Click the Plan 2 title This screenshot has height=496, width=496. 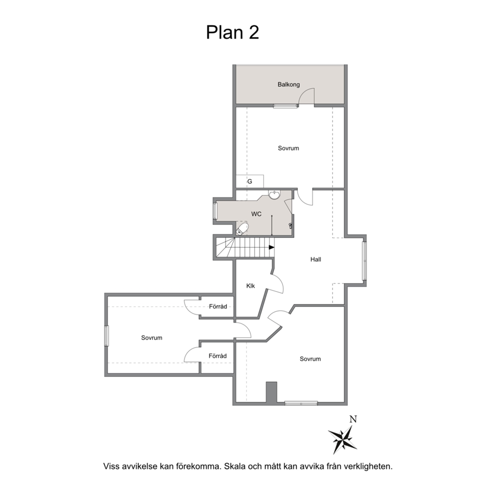point(232,32)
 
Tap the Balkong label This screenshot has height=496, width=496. point(288,84)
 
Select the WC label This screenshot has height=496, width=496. point(256,214)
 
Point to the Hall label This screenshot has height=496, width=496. point(315,259)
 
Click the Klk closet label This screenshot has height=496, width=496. point(250,286)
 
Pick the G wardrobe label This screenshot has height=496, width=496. point(249,181)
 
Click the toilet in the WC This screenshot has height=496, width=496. point(242,229)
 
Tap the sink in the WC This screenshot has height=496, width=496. point(274,194)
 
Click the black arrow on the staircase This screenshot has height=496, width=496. point(271,247)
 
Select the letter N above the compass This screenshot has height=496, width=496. point(353,419)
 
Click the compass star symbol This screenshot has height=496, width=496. point(342,439)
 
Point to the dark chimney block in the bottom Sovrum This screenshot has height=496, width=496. point(271,392)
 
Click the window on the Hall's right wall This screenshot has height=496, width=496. point(364,261)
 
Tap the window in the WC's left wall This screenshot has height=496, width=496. point(215,210)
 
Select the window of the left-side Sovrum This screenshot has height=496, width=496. point(106,335)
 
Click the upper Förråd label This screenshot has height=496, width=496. point(218,306)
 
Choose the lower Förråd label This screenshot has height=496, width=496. point(217,356)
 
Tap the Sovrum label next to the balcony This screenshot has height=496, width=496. point(288,148)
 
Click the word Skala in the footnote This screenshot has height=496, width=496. point(234,466)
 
